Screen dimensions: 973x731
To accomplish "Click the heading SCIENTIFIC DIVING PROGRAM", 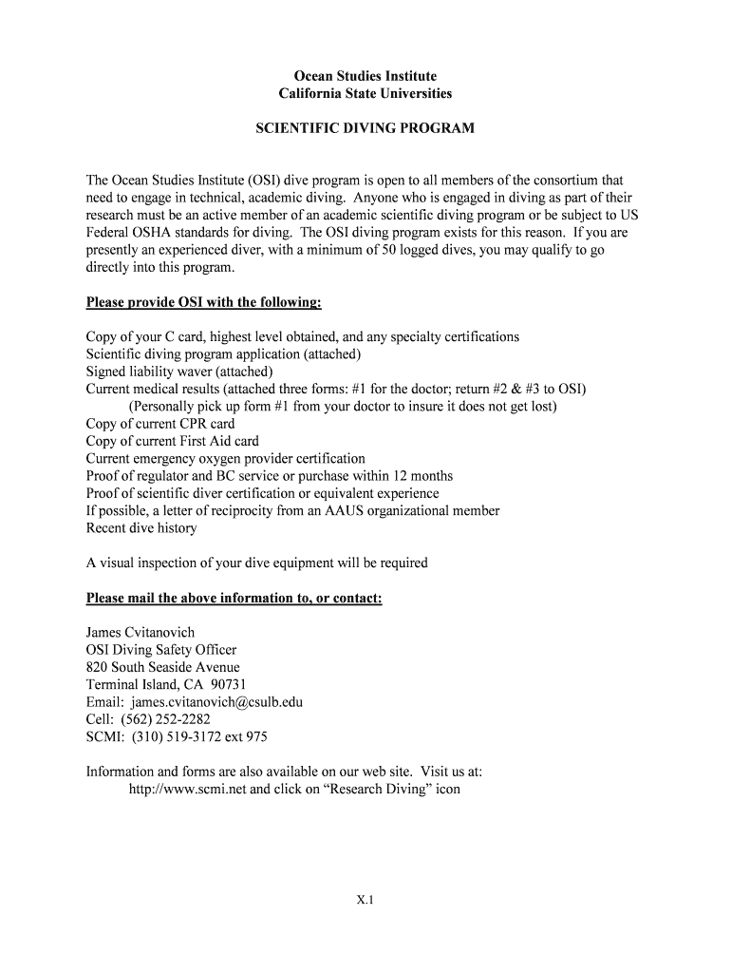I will pos(365,128).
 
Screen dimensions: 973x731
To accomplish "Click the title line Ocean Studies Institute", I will pos(365,76).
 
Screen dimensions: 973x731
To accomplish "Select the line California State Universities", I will pos(365,93).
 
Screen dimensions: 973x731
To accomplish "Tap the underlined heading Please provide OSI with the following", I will pos(204,302).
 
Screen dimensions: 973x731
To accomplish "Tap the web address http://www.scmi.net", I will pos(187,790).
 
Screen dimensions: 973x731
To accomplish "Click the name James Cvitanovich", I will pos(141,632).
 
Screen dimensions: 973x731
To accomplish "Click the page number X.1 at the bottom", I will pos(365,902).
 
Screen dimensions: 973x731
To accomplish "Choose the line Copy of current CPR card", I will pos(160,424).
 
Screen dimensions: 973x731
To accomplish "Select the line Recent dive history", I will pos(141,528).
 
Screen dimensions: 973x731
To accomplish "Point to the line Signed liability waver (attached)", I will pos(179,372).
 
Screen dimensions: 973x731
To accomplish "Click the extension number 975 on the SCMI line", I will pos(255,736).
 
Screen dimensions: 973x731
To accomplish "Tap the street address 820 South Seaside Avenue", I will pos(163,667).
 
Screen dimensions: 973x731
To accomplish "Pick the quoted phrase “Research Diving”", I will pos(365,790).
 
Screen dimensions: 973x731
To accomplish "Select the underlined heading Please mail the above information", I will pos(234,598).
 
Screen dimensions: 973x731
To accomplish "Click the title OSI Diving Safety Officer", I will pos(161,650).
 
